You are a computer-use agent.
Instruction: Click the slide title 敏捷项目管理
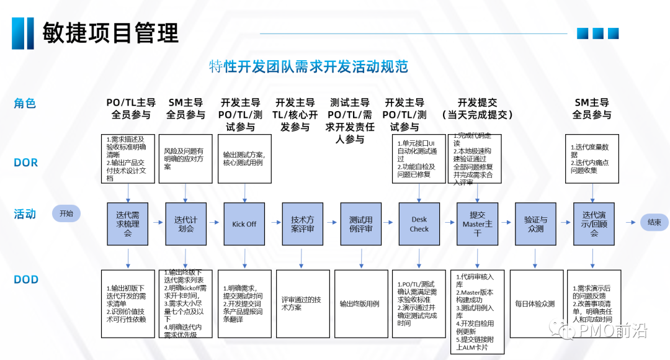click(x=110, y=32)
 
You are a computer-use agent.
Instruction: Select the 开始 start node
click(x=66, y=214)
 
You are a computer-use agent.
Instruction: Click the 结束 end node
click(x=654, y=222)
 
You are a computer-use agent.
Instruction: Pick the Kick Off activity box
click(x=244, y=223)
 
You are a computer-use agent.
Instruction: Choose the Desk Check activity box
click(x=419, y=223)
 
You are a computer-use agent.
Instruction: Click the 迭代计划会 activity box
click(x=185, y=223)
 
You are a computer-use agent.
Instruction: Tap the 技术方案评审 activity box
click(x=302, y=223)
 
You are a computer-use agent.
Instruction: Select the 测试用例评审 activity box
click(x=360, y=223)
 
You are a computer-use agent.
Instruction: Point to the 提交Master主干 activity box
click(x=477, y=223)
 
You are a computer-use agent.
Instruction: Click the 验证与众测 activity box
click(x=535, y=223)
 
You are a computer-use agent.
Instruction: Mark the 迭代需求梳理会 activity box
click(x=127, y=223)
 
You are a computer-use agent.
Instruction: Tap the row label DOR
click(x=25, y=163)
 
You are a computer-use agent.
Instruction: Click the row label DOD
click(x=25, y=279)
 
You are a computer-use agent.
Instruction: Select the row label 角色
click(x=25, y=104)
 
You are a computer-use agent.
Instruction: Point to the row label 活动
click(x=25, y=214)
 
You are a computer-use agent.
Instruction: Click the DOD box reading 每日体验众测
click(x=535, y=304)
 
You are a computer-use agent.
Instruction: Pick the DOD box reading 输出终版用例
click(x=360, y=304)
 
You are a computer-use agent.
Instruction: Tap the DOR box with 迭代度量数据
click(x=593, y=158)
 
